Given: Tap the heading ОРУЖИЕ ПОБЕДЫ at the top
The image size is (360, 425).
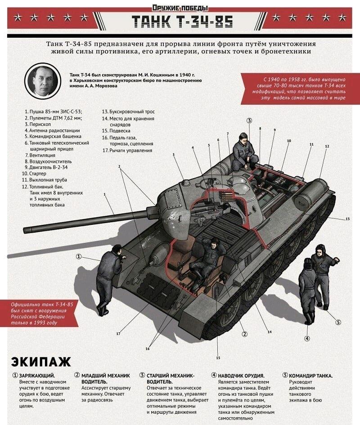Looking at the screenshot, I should point(180,7).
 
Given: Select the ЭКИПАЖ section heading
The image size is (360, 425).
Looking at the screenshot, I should point(40,361).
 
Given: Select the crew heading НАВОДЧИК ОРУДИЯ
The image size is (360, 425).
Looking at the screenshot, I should point(241,376).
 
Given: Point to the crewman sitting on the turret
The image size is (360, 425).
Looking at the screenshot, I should point(244,151).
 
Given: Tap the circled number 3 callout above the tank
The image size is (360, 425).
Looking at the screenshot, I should point(249,120).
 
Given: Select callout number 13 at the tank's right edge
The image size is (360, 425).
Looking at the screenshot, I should point(347,219).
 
